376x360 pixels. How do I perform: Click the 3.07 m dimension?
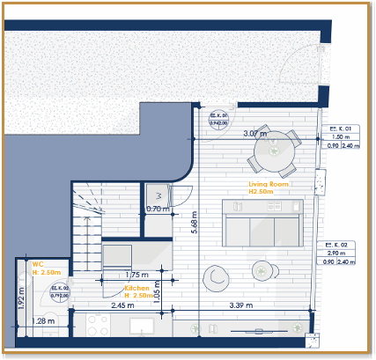[254, 134]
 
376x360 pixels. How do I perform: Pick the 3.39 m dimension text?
[240, 305]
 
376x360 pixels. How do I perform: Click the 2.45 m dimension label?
[122, 305]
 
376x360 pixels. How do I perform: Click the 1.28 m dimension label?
[42, 321]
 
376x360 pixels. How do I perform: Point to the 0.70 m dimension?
[158, 209]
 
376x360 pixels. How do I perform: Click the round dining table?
[275, 150]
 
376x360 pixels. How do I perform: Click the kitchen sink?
[144, 327]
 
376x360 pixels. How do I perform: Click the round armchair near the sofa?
[216, 277]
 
